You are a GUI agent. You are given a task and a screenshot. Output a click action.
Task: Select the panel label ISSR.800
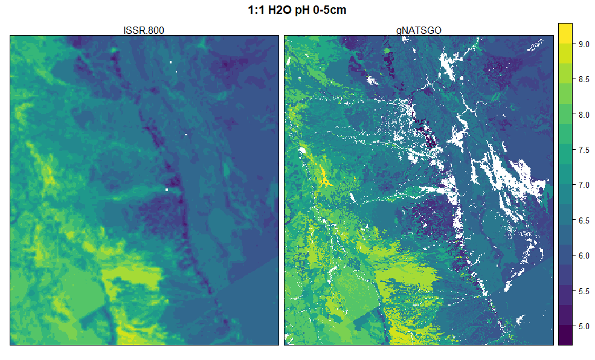tap(144, 30)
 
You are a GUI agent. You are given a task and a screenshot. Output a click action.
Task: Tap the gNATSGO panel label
tap(418, 30)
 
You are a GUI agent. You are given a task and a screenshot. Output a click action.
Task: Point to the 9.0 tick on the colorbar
tap(583, 44)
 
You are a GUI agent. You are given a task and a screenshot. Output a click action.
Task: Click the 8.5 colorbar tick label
tap(583, 79)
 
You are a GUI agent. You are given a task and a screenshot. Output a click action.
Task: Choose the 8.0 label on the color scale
tap(583, 115)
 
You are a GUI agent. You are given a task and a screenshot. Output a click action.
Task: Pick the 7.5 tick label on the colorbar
tap(583, 150)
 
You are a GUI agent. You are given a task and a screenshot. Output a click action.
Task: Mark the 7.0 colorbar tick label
tap(583, 185)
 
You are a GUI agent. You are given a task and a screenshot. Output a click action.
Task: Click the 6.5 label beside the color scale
tap(583, 220)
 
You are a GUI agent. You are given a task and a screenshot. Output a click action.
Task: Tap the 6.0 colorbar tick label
tap(583, 256)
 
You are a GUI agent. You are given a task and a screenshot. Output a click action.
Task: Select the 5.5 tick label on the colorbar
tap(583, 291)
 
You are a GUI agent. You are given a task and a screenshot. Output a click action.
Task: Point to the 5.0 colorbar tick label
tap(583, 326)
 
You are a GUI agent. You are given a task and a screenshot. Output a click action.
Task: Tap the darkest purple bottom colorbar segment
tap(565, 336)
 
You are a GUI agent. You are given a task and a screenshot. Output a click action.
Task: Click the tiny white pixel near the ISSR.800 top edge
tap(171, 62)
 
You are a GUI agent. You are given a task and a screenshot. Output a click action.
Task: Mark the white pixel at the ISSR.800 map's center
tap(166, 190)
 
